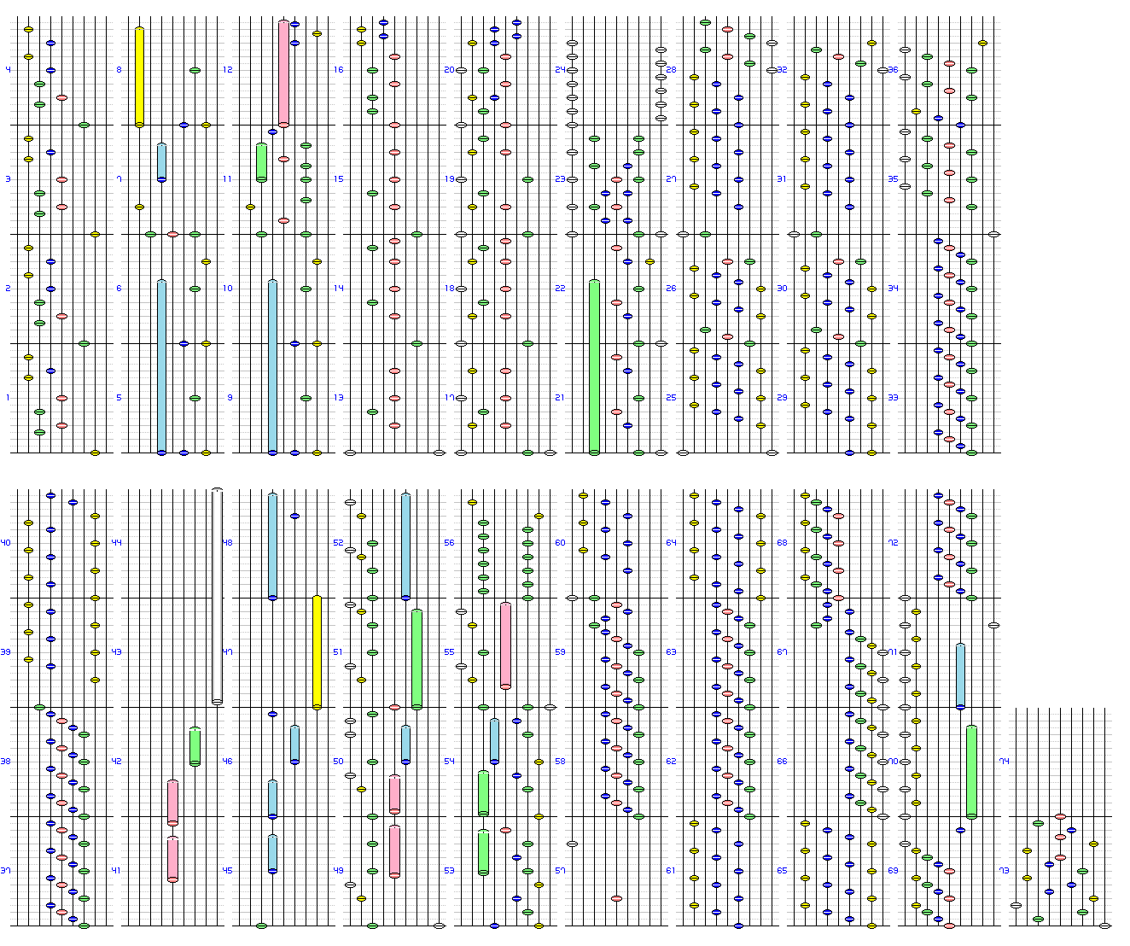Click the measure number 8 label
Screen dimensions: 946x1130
(119, 70)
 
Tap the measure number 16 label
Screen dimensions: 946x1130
(339, 70)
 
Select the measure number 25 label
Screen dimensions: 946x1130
(671, 398)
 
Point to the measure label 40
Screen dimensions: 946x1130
(6, 543)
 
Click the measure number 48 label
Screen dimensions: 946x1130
(228, 543)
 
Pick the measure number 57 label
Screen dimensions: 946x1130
(560, 871)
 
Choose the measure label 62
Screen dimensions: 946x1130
(671, 762)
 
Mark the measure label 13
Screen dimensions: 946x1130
(339, 398)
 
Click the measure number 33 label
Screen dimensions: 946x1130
(893, 398)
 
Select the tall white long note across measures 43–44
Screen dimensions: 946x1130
(217, 596)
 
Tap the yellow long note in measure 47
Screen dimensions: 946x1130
(317, 652)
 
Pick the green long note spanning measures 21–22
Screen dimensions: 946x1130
(594, 367)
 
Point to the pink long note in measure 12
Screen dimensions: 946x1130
(283, 73)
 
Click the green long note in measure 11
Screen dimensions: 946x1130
(261, 162)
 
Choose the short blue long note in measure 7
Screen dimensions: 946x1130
(161, 162)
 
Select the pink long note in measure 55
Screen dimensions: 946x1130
(505, 645)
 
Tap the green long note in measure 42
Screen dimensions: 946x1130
(195, 746)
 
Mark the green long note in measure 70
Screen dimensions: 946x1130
(971, 772)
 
